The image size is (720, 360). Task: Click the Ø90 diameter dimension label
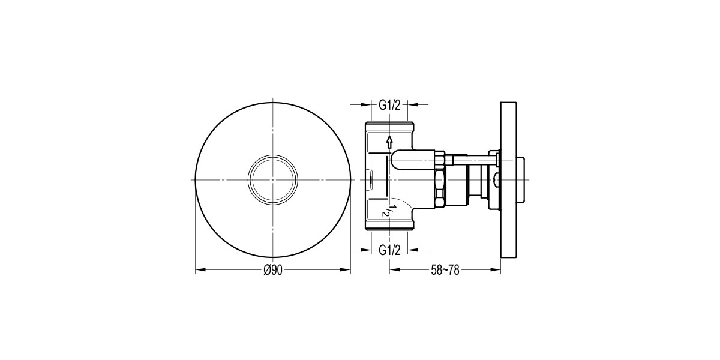click(273, 271)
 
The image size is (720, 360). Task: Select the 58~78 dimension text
click(445, 271)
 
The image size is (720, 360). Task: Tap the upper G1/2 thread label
click(389, 105)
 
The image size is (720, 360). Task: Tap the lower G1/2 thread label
click(389, 250)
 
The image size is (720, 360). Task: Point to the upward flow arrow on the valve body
click(389, 142)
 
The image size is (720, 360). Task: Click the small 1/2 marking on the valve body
click(388, 210)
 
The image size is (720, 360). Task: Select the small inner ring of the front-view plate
click(273, 179)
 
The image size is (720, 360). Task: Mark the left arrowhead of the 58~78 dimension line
click(394, 271)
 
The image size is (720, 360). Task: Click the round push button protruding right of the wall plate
click(525, 179)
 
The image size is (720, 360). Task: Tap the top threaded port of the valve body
click(389, 127)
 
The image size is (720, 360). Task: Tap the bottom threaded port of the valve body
click(389, 226)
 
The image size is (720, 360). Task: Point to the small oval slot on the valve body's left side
click(372, 179)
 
